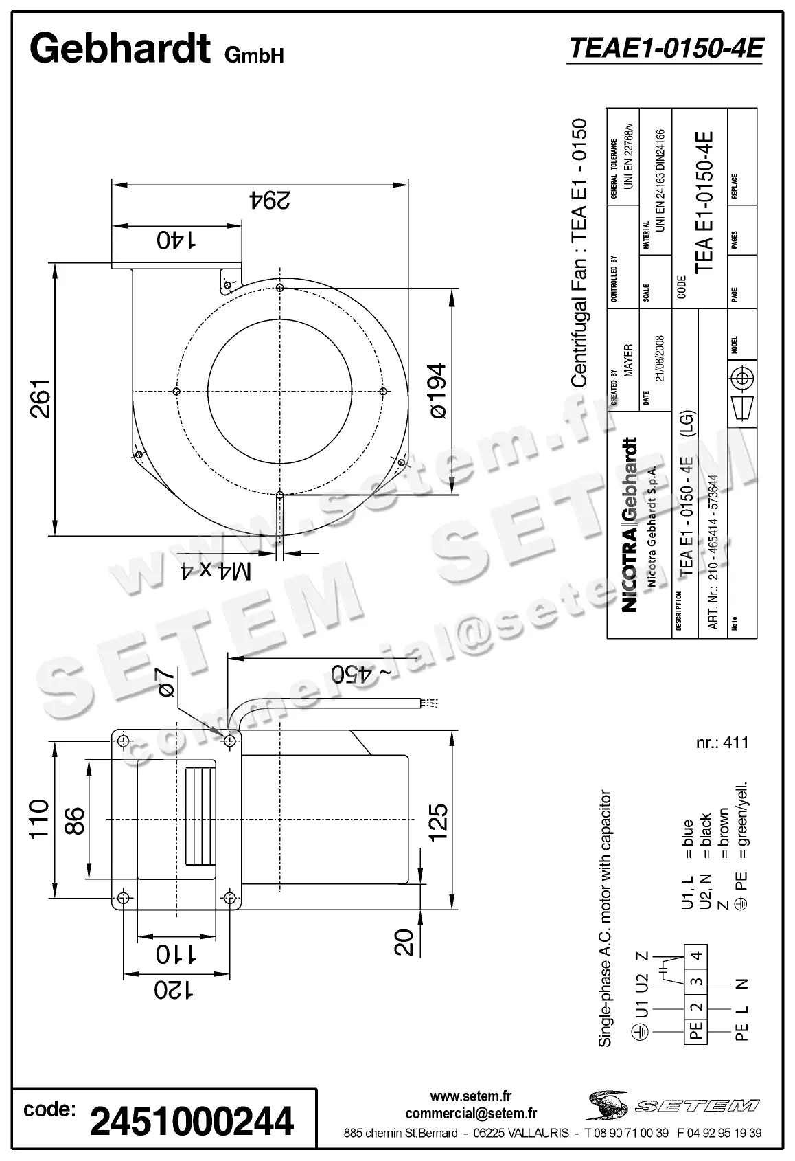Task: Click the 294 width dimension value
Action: click(x=270, y=200)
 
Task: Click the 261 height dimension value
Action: click(x=41, y=398)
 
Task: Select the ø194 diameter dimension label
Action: click(x=437, y=390)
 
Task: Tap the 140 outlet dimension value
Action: click(x=176, y=239)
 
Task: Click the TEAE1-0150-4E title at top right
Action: click(x=664, y=49)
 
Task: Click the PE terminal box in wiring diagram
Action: click(x=696, y=1030)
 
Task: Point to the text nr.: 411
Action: click(x=722, y=742)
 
